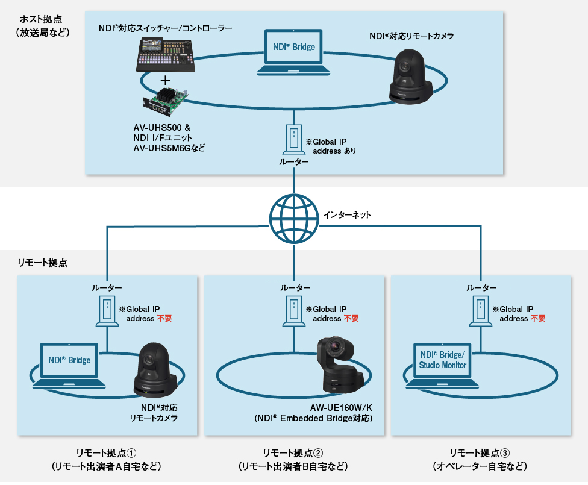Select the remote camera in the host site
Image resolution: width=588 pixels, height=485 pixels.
[x=411, y=75]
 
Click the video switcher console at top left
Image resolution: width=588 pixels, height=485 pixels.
[x=165, y=54]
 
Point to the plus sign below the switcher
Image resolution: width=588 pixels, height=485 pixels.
[x=164, y=80]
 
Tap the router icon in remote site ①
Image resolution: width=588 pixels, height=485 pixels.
[x=107, y=311]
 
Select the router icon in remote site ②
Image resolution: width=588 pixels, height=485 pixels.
[x=293, y=311]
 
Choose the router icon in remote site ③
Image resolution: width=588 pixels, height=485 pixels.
[x=481, y=311]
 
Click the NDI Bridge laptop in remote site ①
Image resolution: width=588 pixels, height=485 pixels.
[x=69, y=365]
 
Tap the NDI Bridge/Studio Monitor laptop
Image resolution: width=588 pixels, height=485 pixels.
[x=443, y=365]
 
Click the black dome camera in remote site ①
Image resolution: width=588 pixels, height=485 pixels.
[x=155, y=368]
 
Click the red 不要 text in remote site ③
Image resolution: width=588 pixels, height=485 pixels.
[x=538, y=318]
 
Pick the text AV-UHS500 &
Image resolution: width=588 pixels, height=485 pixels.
[x=161, y=128]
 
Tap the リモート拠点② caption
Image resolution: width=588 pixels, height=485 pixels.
[x=293, y=453]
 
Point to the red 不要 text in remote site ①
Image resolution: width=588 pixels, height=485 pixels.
[x=164, y=318]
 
